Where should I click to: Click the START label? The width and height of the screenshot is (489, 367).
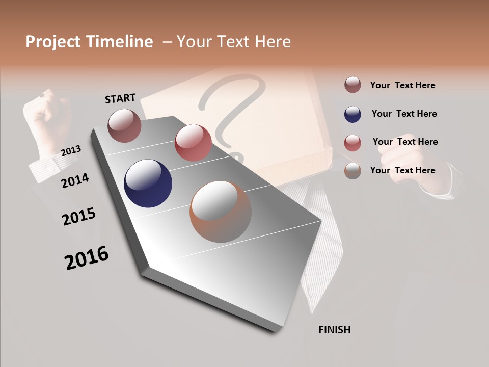tap(120, 98)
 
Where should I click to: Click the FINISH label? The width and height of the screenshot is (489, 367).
tap(334, 330)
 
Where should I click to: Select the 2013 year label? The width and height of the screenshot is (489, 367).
tap(71, 151)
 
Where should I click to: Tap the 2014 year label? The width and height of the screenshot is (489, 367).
tap(75, 180)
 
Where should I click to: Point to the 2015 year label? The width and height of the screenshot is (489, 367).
tap(79, 217)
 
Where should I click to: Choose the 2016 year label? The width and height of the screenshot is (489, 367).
tap(87, 258)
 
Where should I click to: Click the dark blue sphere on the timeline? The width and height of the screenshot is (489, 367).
tap(148, 183)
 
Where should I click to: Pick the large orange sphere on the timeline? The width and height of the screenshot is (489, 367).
tap(221, 211)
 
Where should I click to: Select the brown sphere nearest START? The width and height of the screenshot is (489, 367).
tap(124, 125)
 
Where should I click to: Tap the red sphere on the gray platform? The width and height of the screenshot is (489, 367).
tap(193, 142)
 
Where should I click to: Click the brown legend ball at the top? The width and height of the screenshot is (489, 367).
tap(352, 85)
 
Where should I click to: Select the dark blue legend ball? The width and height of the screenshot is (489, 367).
tap(352, 114)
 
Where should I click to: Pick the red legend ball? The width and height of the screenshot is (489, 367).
tap(352, 143)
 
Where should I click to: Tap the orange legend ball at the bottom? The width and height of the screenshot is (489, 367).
tap(352, 171)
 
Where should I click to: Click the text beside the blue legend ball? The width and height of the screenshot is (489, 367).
tap(404, 114)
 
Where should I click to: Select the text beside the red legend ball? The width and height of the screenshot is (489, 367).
tap(405, 142)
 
